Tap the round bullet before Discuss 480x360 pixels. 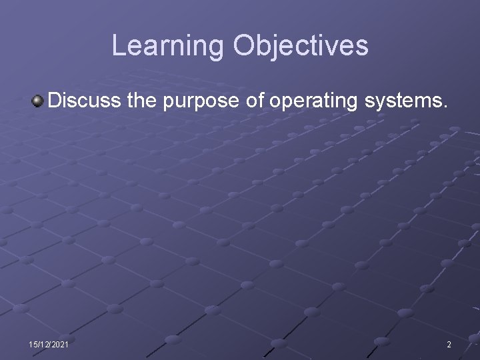(x=38, y=101)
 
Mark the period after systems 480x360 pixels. (x=443, y=107)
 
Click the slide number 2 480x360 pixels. (x=449, y=345)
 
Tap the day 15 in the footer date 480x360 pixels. (x=33, y=345)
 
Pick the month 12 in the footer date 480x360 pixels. (x=44, y=345)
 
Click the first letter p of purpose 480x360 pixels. (x=165, y=103)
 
